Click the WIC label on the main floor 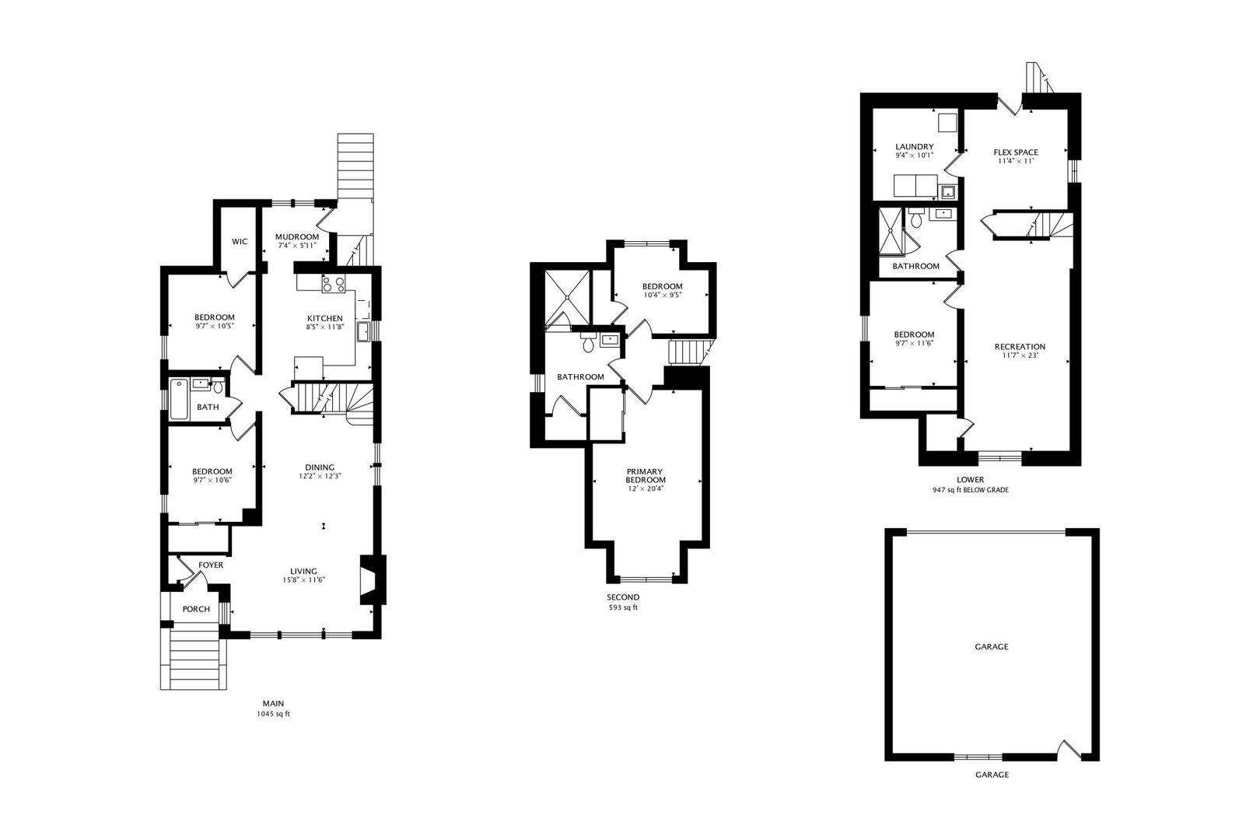click(x=240, y=242)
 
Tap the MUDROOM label click(x=297, y=237)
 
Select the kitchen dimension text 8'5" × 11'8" click(x=325, y=327)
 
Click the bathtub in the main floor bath click(x=179, y=400)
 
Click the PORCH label click(x=196, y=609)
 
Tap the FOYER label click(x=211, y=565)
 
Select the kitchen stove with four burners click(x=334, y=284)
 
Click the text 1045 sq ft click(x=273, y=715)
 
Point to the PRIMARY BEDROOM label click(x=646, y=475)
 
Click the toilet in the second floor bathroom click(x=588, y=342)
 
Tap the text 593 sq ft click(x=623, y=607)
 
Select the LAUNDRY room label click(x=915, y=147)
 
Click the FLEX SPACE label click(x=1016, y=152)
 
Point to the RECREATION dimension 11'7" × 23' click(x=1020, y=355)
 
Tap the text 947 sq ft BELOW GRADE click(x=971, y=490)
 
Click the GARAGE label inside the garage click(x=991, y=647)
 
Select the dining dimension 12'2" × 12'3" click(x=320, y=476)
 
